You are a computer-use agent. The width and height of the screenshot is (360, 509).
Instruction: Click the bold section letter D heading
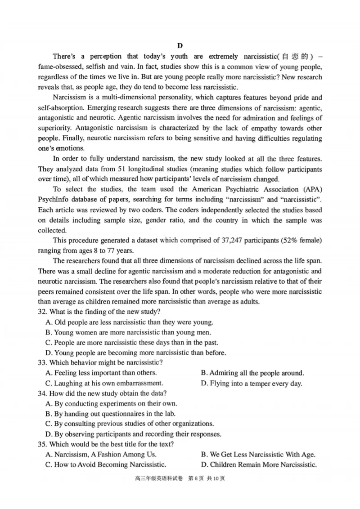point(180,45)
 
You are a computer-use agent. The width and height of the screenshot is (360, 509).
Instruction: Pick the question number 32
point(42,312)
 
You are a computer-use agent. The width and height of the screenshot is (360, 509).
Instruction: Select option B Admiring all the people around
point(252,373)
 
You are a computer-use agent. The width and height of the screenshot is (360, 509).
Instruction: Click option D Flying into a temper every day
point(252,383)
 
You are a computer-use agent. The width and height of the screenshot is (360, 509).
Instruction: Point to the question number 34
point(42,393)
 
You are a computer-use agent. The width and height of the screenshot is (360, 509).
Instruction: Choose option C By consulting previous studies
point(129,424)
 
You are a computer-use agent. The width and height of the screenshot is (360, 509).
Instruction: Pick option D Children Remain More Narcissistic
point(259,464)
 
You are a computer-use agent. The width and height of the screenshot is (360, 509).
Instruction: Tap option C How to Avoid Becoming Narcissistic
point(106,464)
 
